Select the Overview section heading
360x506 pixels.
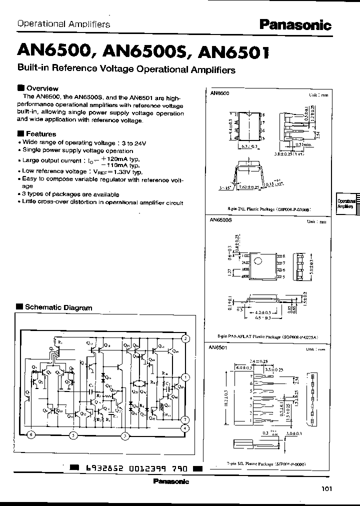41,88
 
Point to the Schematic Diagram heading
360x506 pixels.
58,307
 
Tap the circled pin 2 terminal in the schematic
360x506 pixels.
185,338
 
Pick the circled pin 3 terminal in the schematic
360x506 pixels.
124,435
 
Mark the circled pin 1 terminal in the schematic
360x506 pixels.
185,377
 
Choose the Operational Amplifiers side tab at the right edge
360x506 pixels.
347,203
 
